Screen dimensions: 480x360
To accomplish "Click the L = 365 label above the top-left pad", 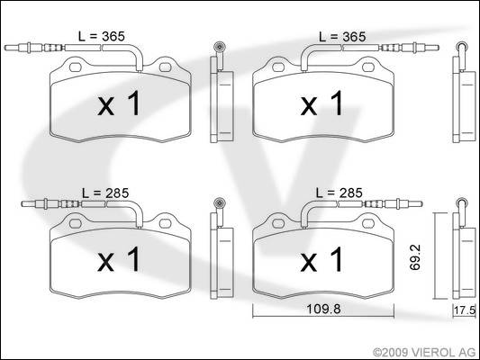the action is tap(102, 36).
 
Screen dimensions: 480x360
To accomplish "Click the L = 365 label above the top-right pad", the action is tap(342, 37).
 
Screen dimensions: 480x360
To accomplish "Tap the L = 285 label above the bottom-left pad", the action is tap(105, 193).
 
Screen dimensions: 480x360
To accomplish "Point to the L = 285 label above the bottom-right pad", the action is tap(340, 193).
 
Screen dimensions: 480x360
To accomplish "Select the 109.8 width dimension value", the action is tap(323, 309).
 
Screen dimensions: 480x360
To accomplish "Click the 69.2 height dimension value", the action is tap(415, 256).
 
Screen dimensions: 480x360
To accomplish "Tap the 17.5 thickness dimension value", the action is tap(465, 310).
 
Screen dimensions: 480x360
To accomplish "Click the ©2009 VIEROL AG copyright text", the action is tap(424, 353).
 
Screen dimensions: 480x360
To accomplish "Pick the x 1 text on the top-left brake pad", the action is tap(119, 103).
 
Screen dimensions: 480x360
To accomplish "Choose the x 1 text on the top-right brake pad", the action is tap(322, 103).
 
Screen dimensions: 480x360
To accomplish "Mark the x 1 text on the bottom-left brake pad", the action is tap(119, 259).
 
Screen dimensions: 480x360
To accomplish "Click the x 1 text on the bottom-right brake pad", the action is tap(322, 259).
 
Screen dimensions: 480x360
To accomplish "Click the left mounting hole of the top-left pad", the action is tap(76, 67).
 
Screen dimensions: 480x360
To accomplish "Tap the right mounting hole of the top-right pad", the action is tap(368, 67).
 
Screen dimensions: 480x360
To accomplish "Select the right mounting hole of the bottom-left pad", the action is tap(165, 223).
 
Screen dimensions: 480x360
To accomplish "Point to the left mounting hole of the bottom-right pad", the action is tap(278, 223).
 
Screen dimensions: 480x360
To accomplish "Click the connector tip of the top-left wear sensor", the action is tap(6, 48).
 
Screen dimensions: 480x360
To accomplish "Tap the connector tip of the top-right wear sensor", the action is tap(437, 48).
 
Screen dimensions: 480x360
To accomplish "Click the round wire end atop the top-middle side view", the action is tap(220, 48).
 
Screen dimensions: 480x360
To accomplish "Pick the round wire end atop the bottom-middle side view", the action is tap(220, 202).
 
